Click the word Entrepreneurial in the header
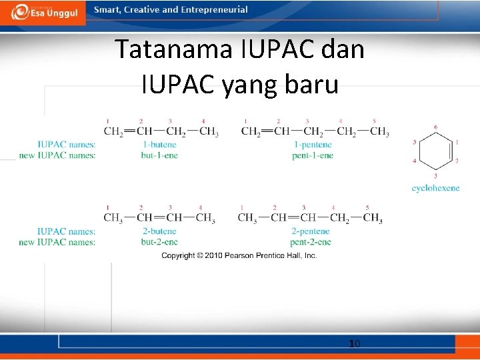pyautogui.click(x=214, y=10)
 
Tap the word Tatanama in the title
pyautogui.click(x=173, y=50)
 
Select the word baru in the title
pyautogui.click(x=310, y=85)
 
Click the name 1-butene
pyautogui.click(x=159, y=145)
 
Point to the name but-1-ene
pyautogui.click(x=159, y=155)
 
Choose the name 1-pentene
pyautogui.click(x=312, y=145)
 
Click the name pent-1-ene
pyautogui.click(x=312, y=155)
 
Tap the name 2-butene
pyautogui.click(x=159, y=231)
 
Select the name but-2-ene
pyautogui.click(x=159, y=242)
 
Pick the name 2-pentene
pyautogui.click(x=310, y=231)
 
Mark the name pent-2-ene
pyautogui.click(x=310, y=242)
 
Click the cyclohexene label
pyautogui.click(x=435, y=188)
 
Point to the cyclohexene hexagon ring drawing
pyautogui.click(x=435, y=151)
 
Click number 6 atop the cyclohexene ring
pyautogui.click(x=435, y=127)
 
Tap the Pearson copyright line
pyautogui.click(x=239, y=255)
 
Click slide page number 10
pyautogui.click(x=355, y=343)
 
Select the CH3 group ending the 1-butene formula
pyautogui.click(x=209, y=131)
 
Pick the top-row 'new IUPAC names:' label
pyautogui.click(x=57, y=155)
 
